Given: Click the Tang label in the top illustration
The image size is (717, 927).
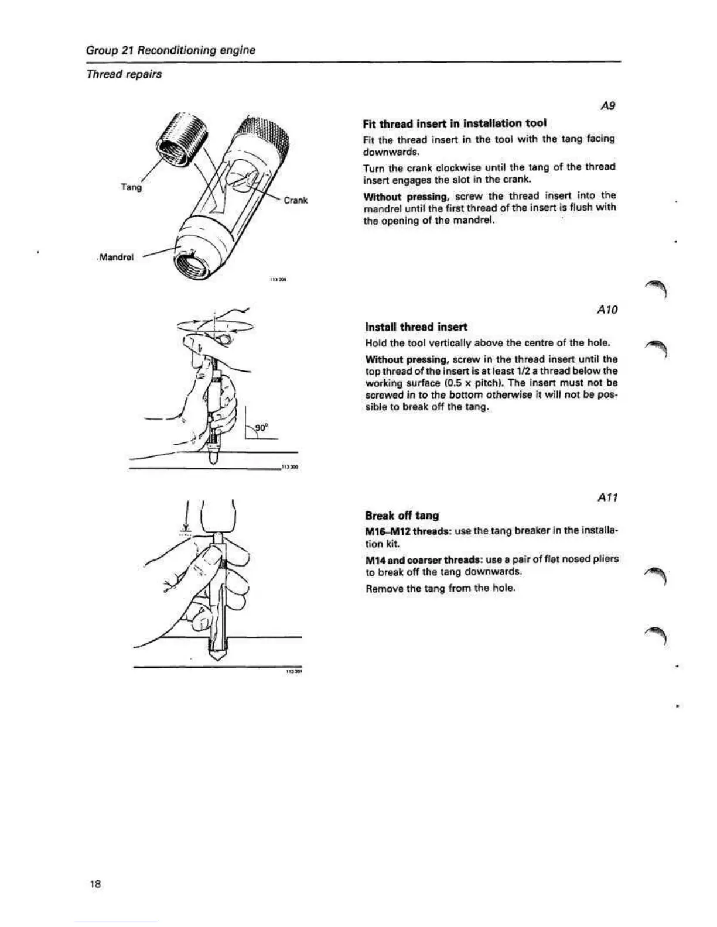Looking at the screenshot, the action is pyautogui.click(x=131, y=187).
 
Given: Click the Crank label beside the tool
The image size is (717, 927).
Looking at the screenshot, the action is pyautogui.click(x=295, y=200).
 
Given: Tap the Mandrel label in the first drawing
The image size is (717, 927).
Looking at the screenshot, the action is pyautogui.click(x=117, y=257).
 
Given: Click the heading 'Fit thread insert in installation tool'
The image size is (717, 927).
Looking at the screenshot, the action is pyautogui.click(x=455, y=123).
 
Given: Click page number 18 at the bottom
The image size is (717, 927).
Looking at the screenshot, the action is pyautogui.click(x=95, y=884).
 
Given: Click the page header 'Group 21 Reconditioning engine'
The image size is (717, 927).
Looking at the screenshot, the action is pyautogui.click(x=170, y=50).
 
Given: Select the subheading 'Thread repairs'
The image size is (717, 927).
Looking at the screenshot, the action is pyautogui.click(x=124, y=74).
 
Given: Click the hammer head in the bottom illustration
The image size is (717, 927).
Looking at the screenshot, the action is pyautogui.click(x=217, y=514).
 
